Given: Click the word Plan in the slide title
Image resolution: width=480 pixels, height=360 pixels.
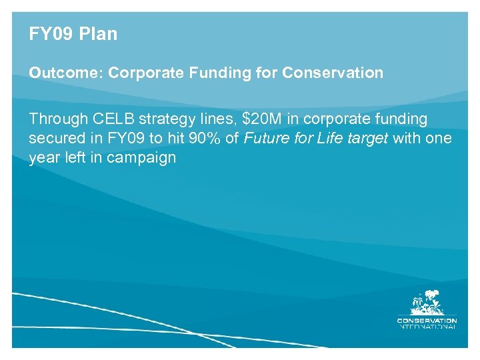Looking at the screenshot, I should [x=99, y=34].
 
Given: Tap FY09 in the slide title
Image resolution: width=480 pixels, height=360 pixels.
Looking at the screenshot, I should [x=50, y=34].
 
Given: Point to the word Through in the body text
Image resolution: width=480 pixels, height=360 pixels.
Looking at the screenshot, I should [x=59, y=119].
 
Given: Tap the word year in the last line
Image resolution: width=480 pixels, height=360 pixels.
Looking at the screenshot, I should [x=44, y=159].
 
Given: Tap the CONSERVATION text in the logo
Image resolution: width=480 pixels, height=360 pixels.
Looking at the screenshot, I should [x=427, y=320].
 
